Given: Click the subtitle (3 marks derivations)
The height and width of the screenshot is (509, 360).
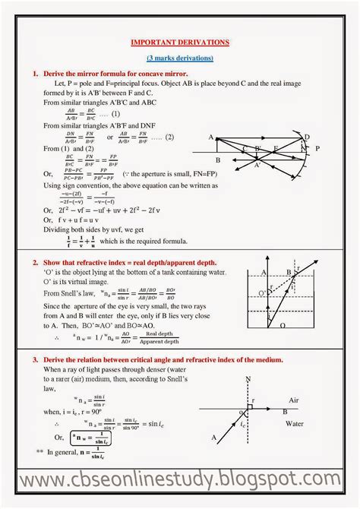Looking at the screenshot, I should point(180,58).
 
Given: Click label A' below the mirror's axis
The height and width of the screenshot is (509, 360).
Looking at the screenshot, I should point(257,165).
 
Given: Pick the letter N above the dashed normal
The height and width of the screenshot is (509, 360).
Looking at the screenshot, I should point(248,378).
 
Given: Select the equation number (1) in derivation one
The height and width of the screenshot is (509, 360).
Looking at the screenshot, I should point(115,113).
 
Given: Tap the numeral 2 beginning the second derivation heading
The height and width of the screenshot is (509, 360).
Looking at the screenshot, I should point(35,261).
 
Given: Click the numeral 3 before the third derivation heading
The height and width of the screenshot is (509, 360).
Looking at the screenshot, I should point(35,359).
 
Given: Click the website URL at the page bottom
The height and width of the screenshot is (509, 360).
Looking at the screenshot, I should point(180,480).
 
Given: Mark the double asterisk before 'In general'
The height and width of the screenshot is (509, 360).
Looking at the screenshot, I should point(39,451).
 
